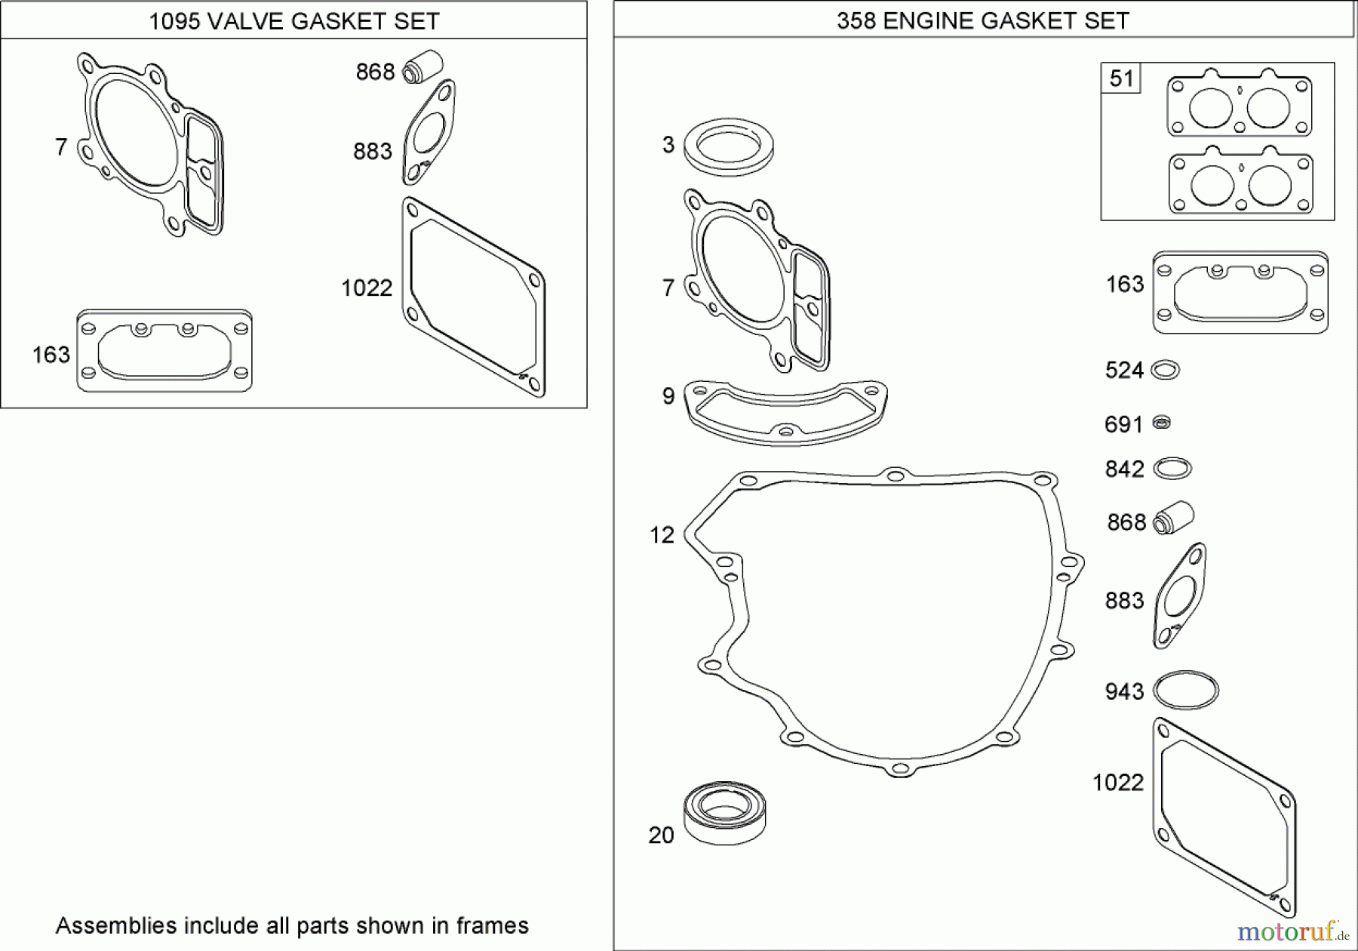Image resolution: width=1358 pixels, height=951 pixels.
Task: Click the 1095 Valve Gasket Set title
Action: click(x=293, y=21)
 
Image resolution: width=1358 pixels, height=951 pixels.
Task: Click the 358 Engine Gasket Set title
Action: click(x=982, y=20)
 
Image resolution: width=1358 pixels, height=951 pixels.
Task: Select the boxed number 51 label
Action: click(x=1121, y=78)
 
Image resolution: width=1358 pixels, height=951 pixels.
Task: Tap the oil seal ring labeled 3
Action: click(x=728, y=145)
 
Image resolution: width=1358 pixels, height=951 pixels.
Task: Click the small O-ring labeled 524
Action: click(x=1166, y=370)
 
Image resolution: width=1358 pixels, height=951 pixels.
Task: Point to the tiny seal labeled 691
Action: click(x=1162, y=423)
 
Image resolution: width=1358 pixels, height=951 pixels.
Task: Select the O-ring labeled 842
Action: click(x=1172, y=469)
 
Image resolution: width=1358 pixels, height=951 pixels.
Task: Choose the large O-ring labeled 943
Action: click(x=1186, y=691)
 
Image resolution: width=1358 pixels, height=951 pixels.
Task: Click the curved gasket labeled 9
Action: click(x=785, y=411)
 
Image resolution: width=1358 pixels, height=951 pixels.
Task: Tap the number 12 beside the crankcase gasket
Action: click(x=662, y=535)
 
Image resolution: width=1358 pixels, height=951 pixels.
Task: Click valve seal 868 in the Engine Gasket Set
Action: click(x=1174, y=518)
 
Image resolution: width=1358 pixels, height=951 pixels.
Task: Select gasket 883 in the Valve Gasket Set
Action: click(x=429, y=133)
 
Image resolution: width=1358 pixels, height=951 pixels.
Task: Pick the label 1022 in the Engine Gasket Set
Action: click(x=1118, y=783)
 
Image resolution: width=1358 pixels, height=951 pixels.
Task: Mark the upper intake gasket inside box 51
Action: click(x=1239, y=105)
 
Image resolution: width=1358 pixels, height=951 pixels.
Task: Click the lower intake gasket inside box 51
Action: click(x=1240, y=183)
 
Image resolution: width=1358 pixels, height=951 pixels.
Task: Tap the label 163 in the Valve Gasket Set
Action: click(x=51, y=354)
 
